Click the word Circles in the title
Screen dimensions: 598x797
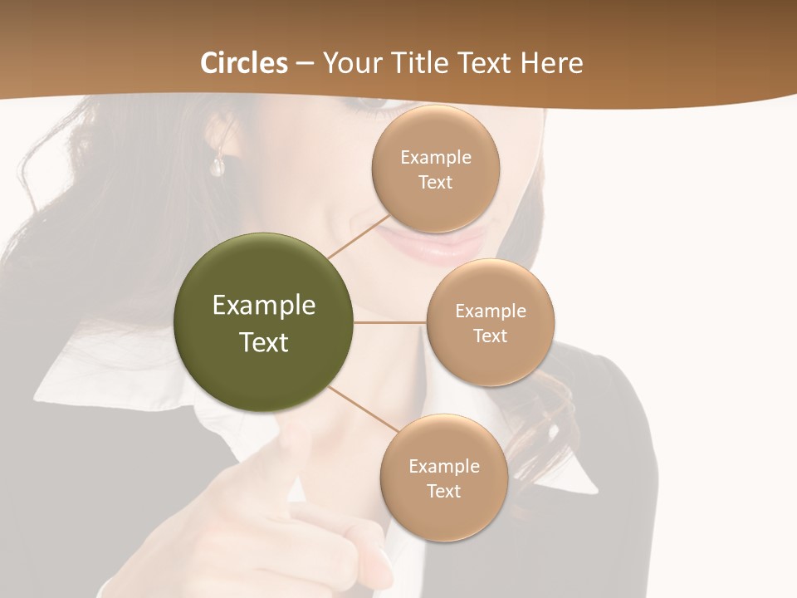click(243, 63)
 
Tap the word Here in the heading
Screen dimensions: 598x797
click(551, 63)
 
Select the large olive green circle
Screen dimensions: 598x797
click(264, 323)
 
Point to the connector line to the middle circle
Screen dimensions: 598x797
click(390, 322)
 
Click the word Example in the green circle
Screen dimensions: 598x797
click(264, 306)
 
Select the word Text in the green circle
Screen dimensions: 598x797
click(264, 342)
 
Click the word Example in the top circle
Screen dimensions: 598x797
click(436, 158)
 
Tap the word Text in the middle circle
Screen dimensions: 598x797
click(490, 336)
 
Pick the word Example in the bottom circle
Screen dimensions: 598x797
click(444, 466)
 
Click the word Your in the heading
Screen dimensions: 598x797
click(349, 63)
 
